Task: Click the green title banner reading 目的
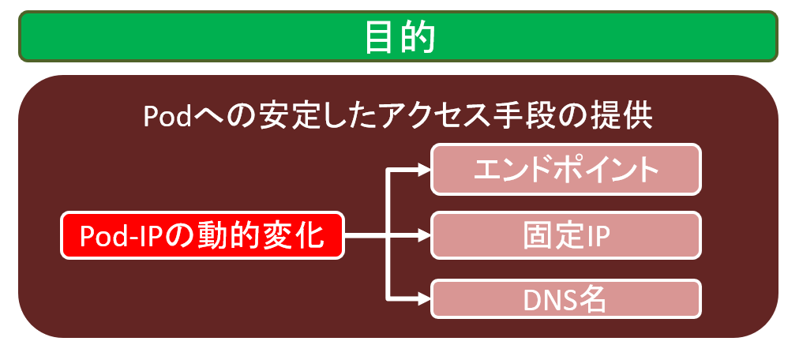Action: tap(399, 36)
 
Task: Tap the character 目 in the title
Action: tap(381, 38)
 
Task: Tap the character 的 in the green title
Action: tap(418, 38)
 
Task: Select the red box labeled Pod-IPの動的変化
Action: tap(203, 235)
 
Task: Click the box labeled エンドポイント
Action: tap(566, 170)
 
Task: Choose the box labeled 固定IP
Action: tap(566, 235)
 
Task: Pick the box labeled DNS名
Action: tap(566, 299)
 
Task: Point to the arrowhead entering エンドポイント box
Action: tap(424, 170)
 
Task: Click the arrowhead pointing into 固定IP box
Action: tap(424, 235)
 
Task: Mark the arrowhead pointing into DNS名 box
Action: tap(424, 299)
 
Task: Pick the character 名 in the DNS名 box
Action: tap(592, 301)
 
